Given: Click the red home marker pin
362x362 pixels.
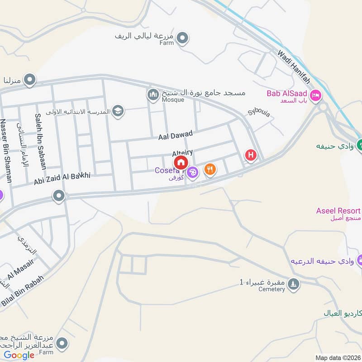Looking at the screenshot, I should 181,162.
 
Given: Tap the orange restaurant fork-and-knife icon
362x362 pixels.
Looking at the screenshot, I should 210,169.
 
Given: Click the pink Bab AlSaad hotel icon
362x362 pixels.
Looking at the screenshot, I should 316,95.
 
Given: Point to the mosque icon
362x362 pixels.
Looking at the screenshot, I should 152,95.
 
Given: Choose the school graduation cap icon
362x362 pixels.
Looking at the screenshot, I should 118,111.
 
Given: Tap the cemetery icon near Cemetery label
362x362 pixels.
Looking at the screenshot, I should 294,284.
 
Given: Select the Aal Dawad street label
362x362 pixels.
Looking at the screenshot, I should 176,134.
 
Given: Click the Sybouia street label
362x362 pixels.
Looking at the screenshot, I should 259,113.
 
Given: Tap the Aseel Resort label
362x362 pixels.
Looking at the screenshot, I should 338,211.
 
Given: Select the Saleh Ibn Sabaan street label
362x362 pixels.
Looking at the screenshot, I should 40,141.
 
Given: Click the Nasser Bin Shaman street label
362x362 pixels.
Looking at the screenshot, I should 5,151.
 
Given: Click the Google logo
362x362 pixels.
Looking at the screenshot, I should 19,355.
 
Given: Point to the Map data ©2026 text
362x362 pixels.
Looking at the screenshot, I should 338,358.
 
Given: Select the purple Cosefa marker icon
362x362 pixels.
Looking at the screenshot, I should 193,172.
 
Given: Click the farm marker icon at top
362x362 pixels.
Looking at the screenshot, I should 182,38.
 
